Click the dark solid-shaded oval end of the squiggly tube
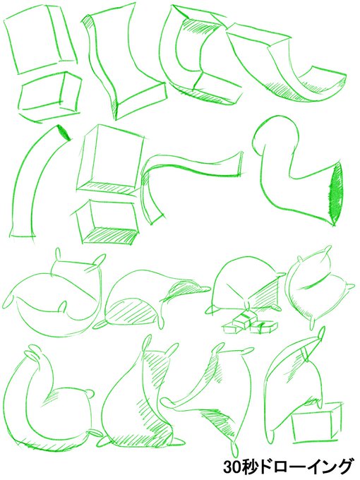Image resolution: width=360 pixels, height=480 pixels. (x=337, y=194)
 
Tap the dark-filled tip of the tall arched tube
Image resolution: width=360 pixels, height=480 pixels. (x=64, y=133)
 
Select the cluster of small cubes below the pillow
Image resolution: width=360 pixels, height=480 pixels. (x=250, y=324)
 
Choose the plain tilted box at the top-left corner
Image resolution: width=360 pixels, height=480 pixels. (x=40, y=40)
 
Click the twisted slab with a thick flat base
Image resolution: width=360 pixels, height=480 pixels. (x=122, y=61)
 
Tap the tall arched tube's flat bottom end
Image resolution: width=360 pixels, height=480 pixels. (x=22, y=236)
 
